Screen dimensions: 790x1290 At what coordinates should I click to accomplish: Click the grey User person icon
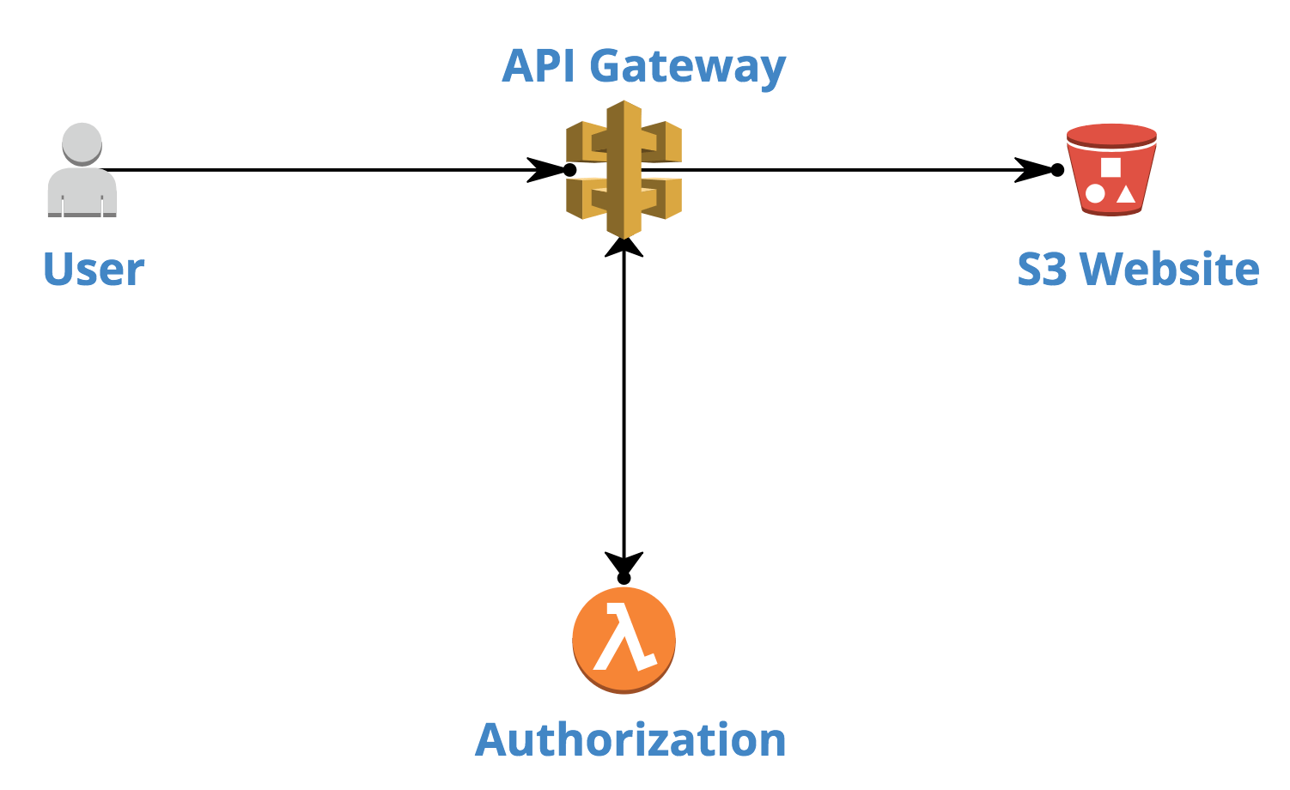pyautogui.click(x=82, y=172)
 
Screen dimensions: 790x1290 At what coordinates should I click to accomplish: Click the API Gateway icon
pyautogui.click(x=624, y=170)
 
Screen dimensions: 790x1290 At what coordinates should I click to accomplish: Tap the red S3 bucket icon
pyautogui.click(x=1111, y=170)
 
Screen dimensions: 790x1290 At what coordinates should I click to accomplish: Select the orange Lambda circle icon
pyautogui.click(x=624, y=640)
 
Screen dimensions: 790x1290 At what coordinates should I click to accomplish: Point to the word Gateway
pyautogui.click(x=687, y=67)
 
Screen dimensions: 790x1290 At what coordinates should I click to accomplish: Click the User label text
pyautogui.click(x=94, y=270)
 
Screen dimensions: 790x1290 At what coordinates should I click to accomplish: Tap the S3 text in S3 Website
pyautogui.click(x=1042, y=269)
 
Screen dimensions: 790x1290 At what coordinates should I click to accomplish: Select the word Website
pyautogui.click(x=1170, y=269)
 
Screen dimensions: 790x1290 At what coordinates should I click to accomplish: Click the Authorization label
pyautogui.click(x=630, y=739)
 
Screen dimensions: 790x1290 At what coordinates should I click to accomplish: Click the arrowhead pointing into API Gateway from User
pyautogui.click(x=545, y=170)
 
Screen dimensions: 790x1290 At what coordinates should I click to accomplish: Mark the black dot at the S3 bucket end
pyautogui.click(x=1058, y=170)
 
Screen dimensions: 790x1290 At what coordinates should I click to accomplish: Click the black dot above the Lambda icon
pyautogui.click(x=624, y=579)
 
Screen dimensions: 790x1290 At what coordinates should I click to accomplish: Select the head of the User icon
pyautogui.click(x=82, y=143)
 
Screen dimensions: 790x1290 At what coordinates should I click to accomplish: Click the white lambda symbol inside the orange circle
pyautogui.click(x=624, y=637)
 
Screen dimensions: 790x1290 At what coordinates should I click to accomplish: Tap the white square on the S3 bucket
pyautogui.click(x=1110, y=167)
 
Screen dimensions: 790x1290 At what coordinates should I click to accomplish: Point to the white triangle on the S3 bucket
pyautogui.click(x=1126, y=193)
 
